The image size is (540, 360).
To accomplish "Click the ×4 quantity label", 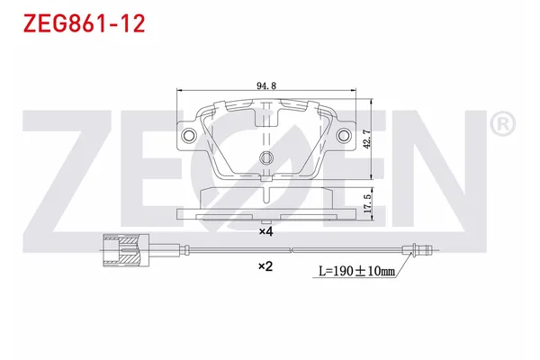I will (x=265, y=231).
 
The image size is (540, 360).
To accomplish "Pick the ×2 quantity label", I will (x=265, y=266).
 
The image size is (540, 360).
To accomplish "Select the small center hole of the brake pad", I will (x=265, y=160).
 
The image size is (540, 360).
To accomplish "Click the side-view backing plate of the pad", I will (x=265, y=214).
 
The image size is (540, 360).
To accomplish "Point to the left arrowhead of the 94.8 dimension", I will (x=179, y=92).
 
